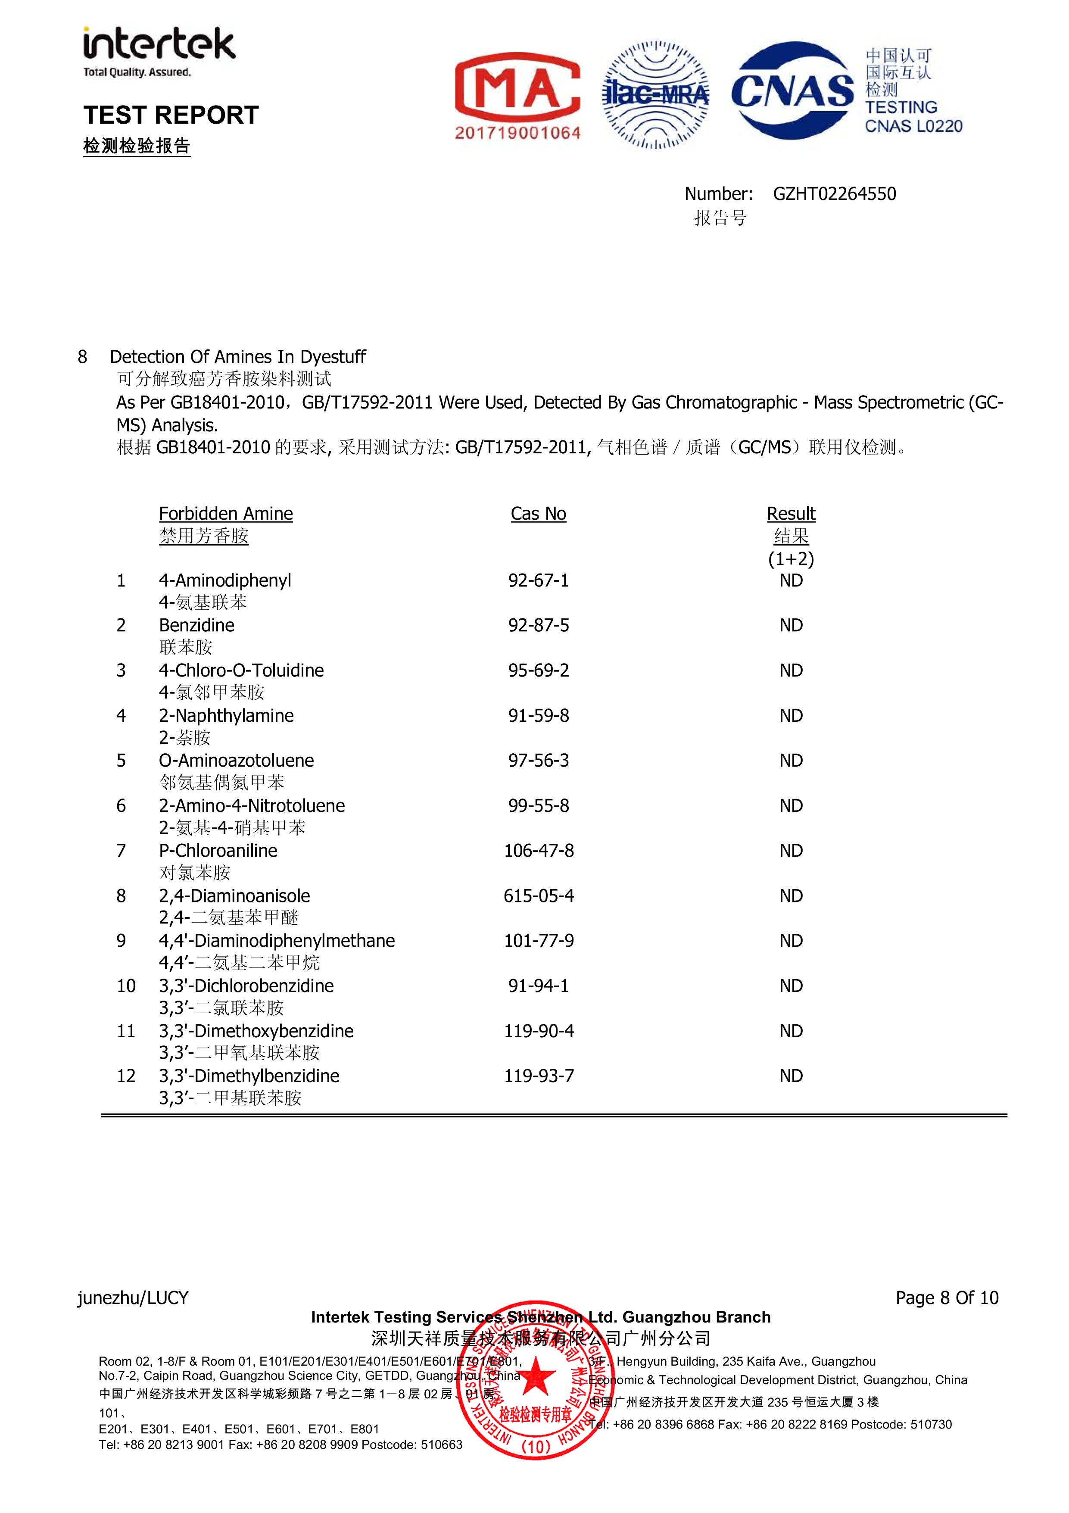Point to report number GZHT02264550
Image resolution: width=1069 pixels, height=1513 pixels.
coord(834,194)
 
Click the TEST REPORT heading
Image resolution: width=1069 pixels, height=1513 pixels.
coord(171,115)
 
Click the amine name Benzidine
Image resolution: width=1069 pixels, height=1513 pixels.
coord(196,625)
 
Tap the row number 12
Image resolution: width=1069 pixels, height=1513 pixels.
coord(126,1076)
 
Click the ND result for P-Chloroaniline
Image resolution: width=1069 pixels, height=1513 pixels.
coord(791,850)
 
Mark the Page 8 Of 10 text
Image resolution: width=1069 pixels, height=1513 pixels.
coord(946,1298)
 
